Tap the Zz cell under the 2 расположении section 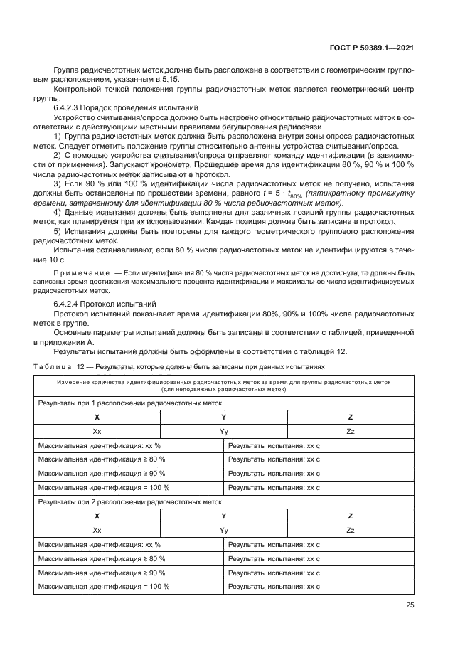[350, 530]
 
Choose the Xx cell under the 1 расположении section [97, 431]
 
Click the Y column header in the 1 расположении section [224, 417]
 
